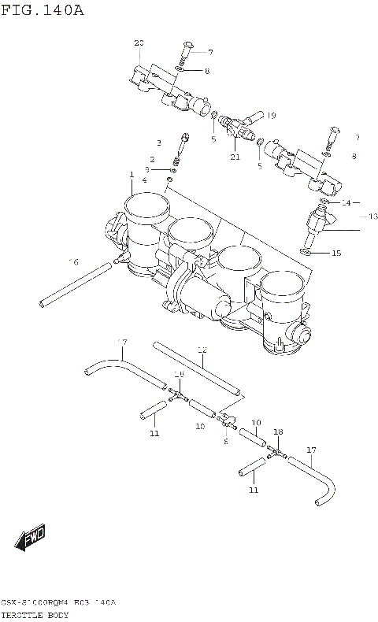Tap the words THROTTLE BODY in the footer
[35, 614]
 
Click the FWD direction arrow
[31, 539]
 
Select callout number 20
[139, 43]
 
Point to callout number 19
[270, 116]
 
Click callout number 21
[235, 157]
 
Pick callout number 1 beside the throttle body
[132, 174]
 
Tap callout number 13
[372, 216]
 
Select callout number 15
[336, 253]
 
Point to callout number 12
[202, 349]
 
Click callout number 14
[346, 202]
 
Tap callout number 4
[144, 180]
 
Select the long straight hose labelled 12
[197, 368]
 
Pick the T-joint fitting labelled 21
[234, 126]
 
